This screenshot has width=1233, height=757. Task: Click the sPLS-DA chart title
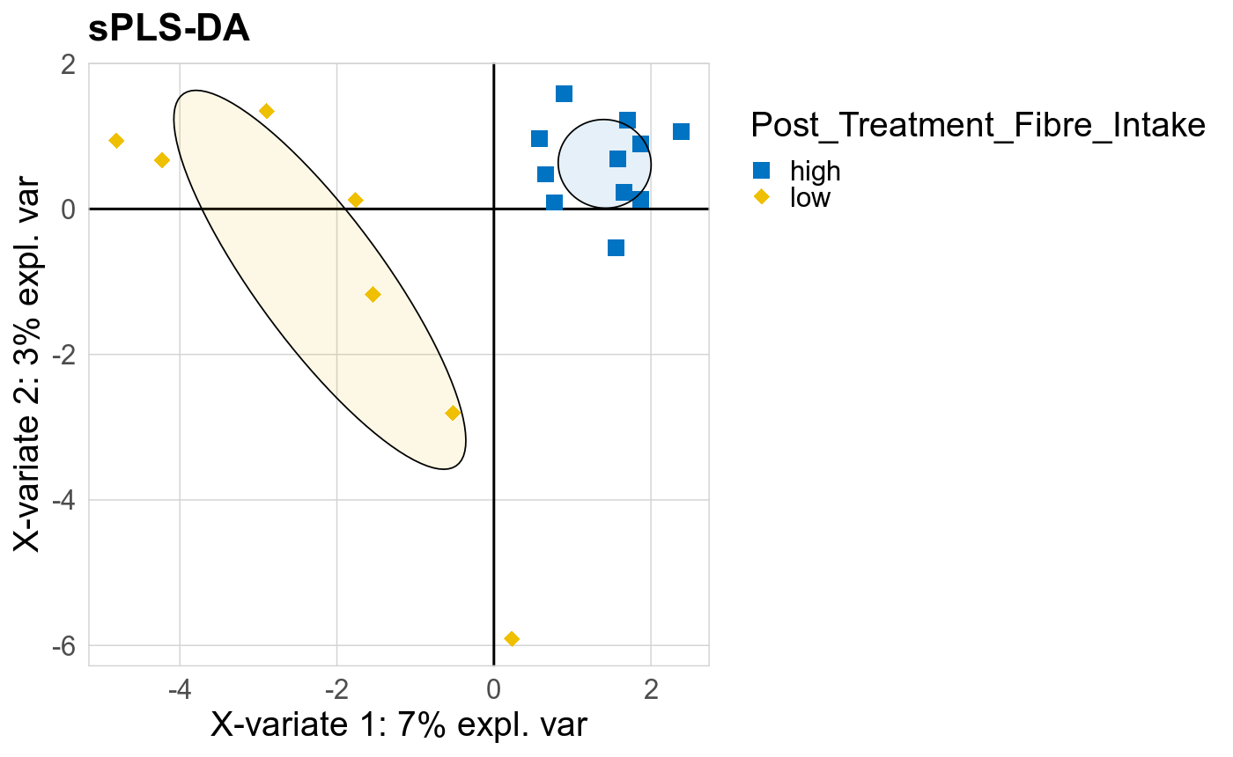click(169, 28)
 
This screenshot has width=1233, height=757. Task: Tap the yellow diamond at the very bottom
click(512, 638)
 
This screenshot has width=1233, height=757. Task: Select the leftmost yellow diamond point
click(116, 141)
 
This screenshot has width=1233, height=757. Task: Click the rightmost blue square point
click(681, 131)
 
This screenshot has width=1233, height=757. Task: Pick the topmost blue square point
click(565, 93)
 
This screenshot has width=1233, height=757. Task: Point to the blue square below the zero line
click(616, 247)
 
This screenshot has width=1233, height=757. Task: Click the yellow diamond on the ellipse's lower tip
click(453, 413)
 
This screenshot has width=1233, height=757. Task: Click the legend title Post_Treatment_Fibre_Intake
click(978, 126)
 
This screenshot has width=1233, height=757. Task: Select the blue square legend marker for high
click(763, 171)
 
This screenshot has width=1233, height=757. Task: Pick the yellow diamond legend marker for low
click(763, 197)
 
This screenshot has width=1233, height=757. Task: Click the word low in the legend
click(810, 197)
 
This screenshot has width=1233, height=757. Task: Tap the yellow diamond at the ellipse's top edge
click(267, 111)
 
